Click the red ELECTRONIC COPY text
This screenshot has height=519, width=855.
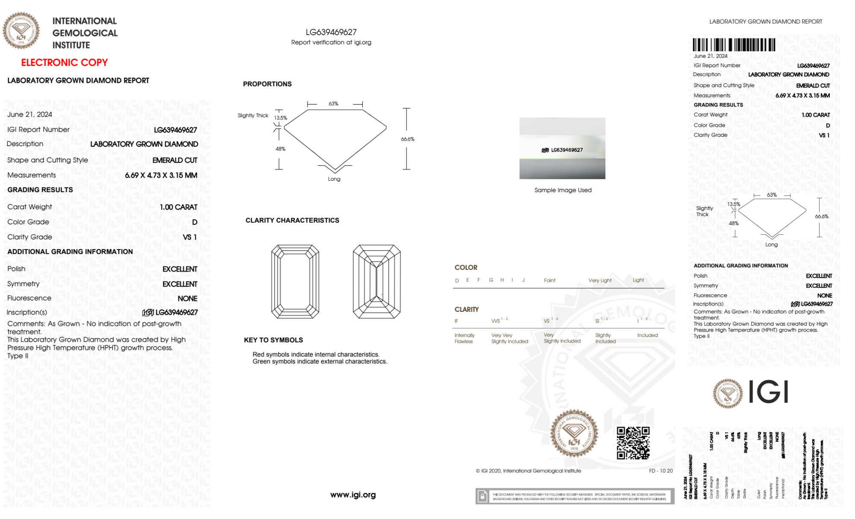pyautogui.click(x=65, y=62)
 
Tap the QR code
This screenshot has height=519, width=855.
pyautogui.click(x=633, y=443)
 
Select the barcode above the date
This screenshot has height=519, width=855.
pyautogui.click(x=734, y=45)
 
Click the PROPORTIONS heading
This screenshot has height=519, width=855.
pyautogui.click(x=267, y=84)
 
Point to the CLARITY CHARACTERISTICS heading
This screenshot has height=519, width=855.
pyautogui.click(x=292, y=220)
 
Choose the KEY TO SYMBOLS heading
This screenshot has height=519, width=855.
pyautogui.click(x=273, y=340)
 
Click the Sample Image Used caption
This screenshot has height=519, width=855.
pyautogui.click(x=563, y=190)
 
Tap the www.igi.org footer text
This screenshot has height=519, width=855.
pyautogui.click(x=353, y=495)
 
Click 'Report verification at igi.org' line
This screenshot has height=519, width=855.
pyautogui.click(x=331, y=42)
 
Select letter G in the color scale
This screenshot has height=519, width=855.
pyautogui.click(x=491, y=280)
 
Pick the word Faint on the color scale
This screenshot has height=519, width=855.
pyautogui.click(x=549, y=281)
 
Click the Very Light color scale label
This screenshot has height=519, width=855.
pyautogui.click(x=600, y=281)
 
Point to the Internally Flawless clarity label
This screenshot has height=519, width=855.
pyautogui.click(x=464, y=338)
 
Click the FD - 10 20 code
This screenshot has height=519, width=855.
pyautogui.click(x=661, y=471)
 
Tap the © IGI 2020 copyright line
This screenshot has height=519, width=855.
pyautogui.click(x=528, y=471)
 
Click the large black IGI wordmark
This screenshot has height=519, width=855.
pyautogui.click(x=768, y=392)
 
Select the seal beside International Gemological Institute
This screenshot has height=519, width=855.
pyautogui.click(x=21, y=30)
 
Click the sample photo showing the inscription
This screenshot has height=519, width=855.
pyautogui.click(x=562, y=148)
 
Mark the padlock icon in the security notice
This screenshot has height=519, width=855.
pyautogui.click(x=482, y=496)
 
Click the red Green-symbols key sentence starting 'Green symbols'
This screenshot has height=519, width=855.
pyautogui.click(x=320, y=361)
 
